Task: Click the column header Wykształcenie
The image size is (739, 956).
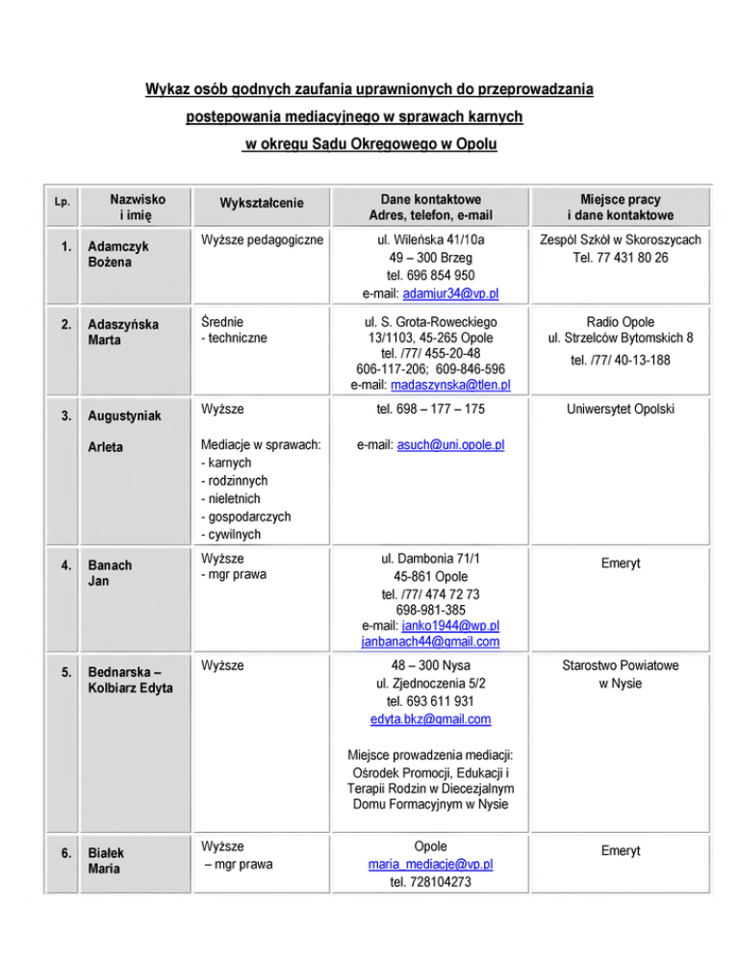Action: point(262,204)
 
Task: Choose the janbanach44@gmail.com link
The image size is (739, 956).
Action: point(430,642)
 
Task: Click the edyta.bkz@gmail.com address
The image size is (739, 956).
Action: point(430,718)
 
